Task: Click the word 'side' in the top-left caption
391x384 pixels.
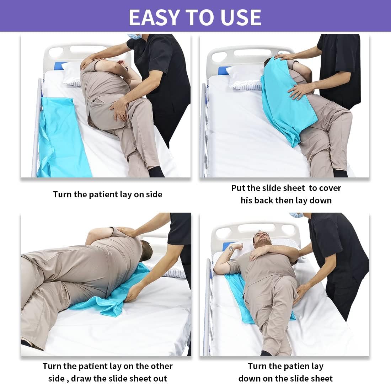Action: click(x=154, y=194)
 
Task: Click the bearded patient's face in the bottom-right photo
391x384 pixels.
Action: click(x=262, y=240)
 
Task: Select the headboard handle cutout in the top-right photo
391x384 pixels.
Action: click(x=252, y=53)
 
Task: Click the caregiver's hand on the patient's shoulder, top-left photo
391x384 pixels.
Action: click(x=91, y=62)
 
